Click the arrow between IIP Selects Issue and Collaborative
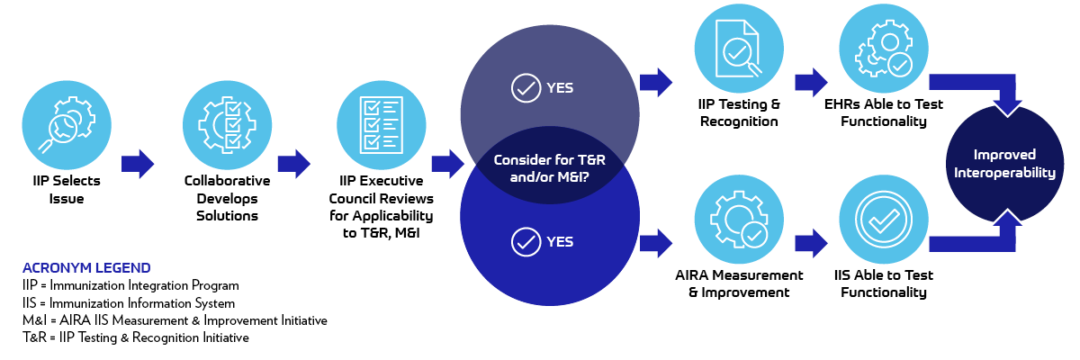(138, 163)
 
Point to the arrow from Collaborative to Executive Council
(294, 163)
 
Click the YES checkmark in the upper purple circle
(524, 88)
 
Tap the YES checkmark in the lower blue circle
(524, 241)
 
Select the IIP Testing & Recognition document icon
(738, 45)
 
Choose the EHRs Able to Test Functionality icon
(884, 45)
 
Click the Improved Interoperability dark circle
(1004, 164)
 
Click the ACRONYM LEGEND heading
(86, 268)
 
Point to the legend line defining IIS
(129, 303)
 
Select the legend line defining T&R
(136, 337)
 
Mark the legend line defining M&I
(175, 320)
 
